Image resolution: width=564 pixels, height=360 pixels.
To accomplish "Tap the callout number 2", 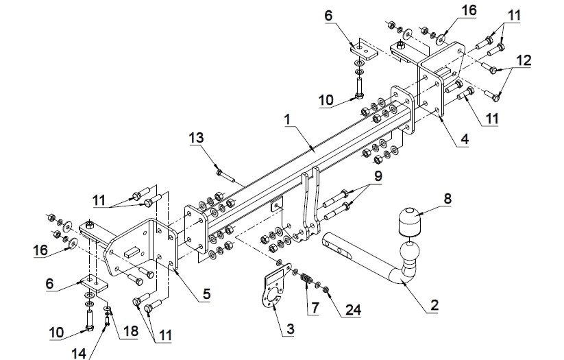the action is click(x=434, y=305).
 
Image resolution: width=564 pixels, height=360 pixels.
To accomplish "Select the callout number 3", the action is click(x=291, y=328).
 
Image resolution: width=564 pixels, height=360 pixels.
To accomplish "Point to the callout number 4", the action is click(x=465, y=139).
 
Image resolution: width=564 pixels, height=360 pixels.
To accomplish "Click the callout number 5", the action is click(x=206, y=293).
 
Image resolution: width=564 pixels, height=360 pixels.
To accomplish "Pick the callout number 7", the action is click(x=315, y=308).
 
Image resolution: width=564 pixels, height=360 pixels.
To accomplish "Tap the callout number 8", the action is click(x=447, y=198).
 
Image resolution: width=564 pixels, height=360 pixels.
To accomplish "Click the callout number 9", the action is click(x=378, y=176).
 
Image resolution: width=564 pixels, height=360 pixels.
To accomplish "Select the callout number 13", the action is click(x=197, y=138).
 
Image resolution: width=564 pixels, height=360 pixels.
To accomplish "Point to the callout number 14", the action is click(x=79, y=353).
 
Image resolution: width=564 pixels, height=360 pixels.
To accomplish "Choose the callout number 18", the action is click(x=130, y=331).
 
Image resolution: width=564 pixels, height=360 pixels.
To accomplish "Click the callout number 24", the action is click(x=353, y=309).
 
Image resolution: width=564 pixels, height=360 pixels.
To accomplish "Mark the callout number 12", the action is click(x=524, y=60).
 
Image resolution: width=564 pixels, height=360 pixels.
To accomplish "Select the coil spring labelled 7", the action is click(x=306, y=278).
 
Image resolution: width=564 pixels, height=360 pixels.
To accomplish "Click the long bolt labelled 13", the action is click(x=226, y=176).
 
